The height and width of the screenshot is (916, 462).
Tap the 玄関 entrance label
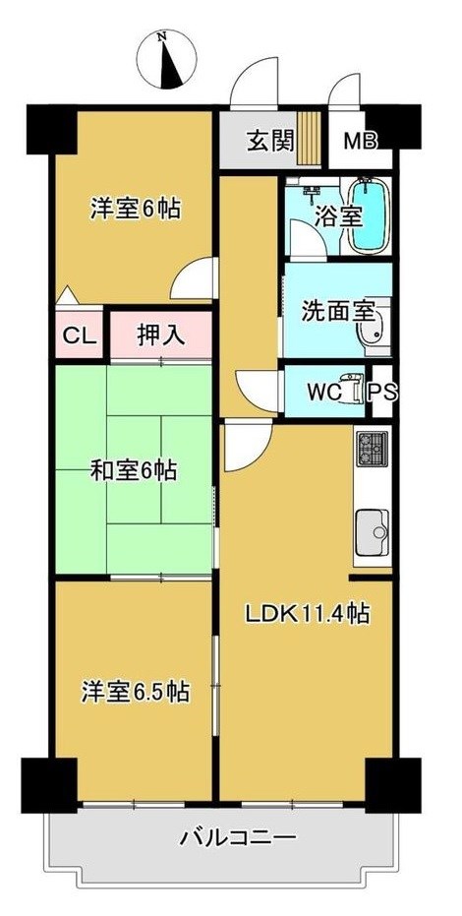click(x=270, y=140)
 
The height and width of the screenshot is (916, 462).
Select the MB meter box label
click(x=360, y=142)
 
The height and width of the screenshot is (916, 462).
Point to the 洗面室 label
click(x=337, y=313)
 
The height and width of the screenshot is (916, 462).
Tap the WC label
click(x=323, y=392)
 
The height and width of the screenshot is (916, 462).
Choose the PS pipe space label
click(x=383, y=392)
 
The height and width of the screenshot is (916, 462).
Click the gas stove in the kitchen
click(x=372, y=449)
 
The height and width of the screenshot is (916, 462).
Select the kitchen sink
click(x=373, y=532)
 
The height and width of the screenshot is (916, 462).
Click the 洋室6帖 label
click(x=136, y=209)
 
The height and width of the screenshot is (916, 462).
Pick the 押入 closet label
click(x=160, y=335)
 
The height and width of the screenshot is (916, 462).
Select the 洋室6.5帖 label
click(x=135, y=692)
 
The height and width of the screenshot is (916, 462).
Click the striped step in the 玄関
click(x=311, y=140)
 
